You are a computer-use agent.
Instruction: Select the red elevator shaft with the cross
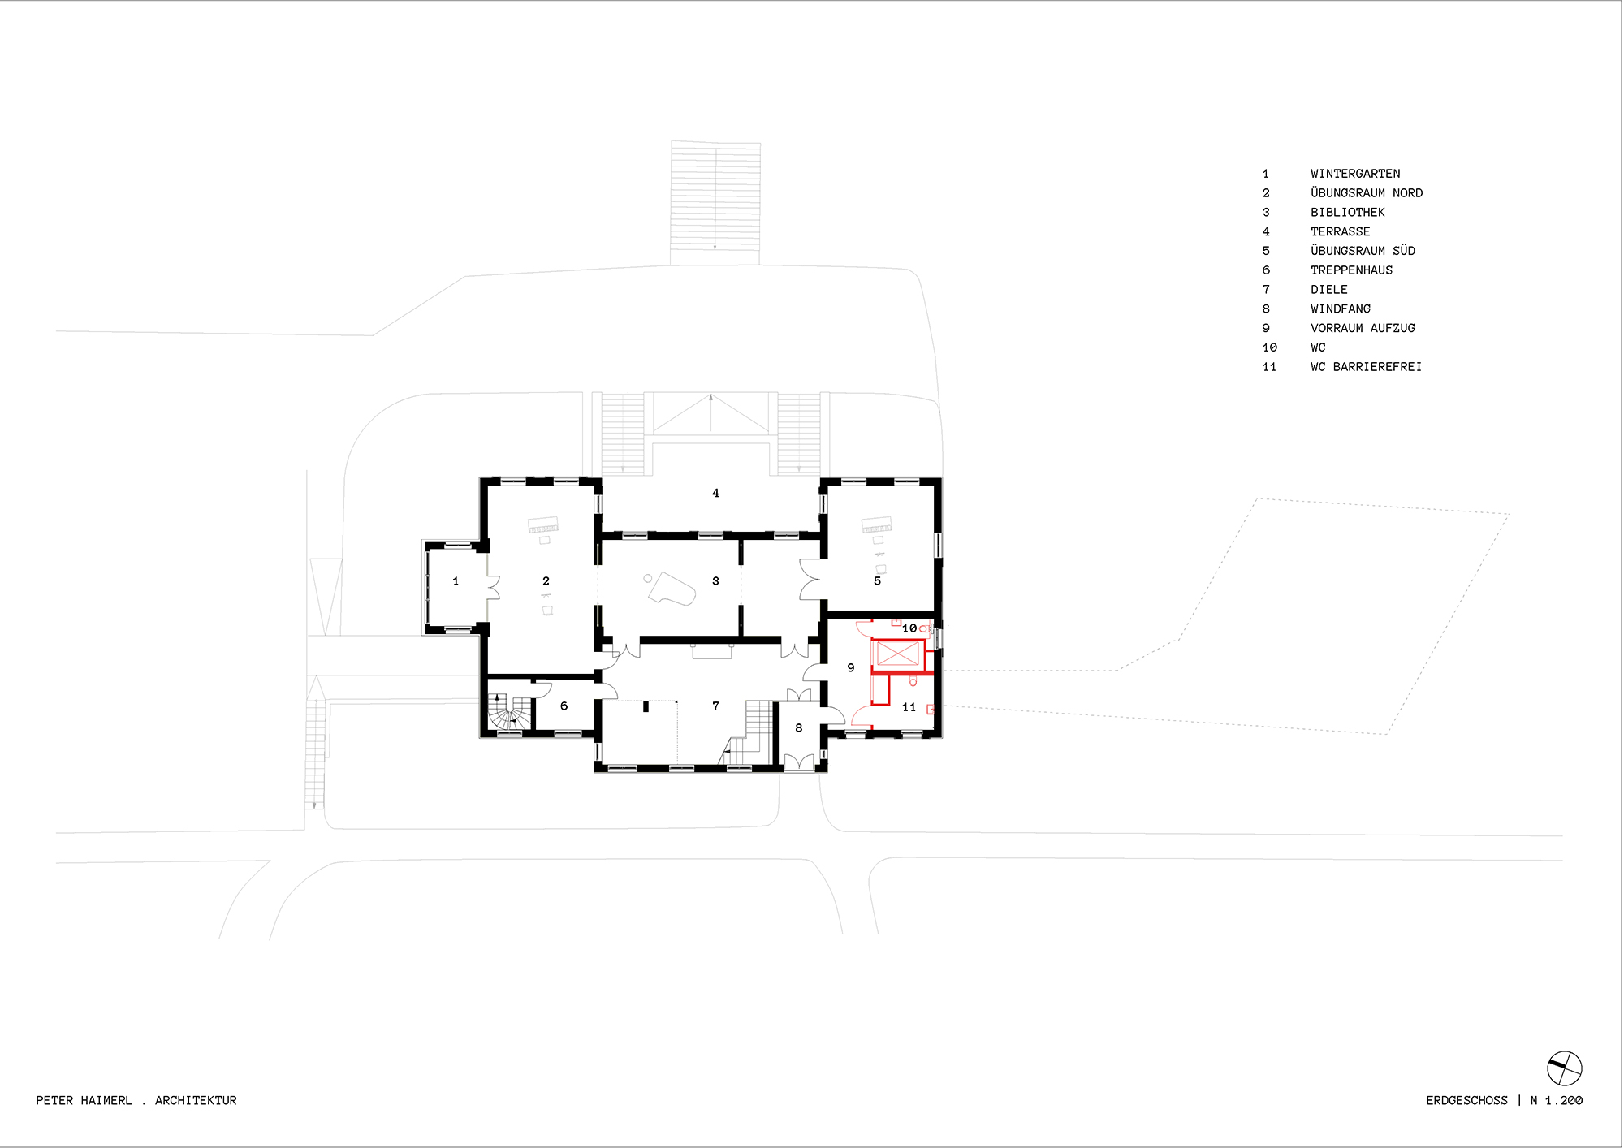pos(897,654)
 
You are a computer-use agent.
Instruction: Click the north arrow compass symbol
pos(1564,1068)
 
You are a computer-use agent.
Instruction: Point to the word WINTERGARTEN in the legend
pos(1355,174)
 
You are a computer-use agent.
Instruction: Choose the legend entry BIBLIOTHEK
pos(1348,213)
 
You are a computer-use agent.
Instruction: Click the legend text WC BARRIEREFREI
pos(1366,367)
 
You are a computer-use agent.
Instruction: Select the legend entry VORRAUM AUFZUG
pos(1363,328)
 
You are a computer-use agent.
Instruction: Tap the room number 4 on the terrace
pos(715,493)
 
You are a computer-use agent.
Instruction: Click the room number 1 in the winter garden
pos(456,581)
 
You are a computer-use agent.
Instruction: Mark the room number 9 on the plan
pos(851,668)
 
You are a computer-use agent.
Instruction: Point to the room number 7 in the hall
pos(715,706)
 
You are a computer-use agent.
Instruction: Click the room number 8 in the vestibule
pos(799,728)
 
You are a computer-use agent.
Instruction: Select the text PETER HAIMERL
pos(84,1101)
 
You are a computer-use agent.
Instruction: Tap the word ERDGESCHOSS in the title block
pos(1466,1101)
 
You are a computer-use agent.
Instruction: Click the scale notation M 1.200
pos(1557,1101)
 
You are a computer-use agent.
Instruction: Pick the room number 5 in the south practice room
pos(877,581)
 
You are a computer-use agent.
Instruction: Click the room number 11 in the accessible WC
pos(909,707)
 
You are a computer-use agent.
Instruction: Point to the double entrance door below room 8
pos(799,762)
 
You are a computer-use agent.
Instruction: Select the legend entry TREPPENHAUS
pos(1351,270)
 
